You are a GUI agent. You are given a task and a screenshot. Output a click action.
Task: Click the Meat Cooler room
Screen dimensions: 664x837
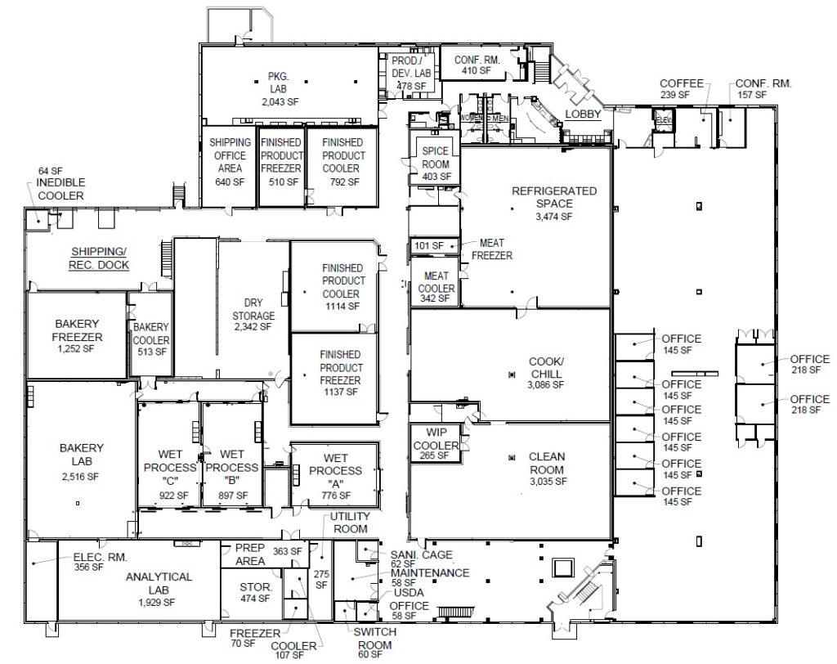436,283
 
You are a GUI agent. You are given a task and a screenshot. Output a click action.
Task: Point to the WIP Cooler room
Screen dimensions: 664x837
435,445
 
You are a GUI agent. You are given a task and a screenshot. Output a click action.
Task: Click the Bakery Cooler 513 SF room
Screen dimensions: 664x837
151,339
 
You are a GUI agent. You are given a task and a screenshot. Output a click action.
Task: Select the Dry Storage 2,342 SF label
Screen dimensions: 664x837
253,315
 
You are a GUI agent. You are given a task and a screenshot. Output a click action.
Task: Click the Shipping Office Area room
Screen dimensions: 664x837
230,162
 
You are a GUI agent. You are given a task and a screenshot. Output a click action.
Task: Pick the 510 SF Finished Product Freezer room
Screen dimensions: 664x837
281,162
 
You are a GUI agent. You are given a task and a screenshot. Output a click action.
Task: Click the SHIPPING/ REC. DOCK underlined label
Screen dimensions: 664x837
99,258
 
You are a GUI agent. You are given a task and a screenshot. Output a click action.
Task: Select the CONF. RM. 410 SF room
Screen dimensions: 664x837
464,65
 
